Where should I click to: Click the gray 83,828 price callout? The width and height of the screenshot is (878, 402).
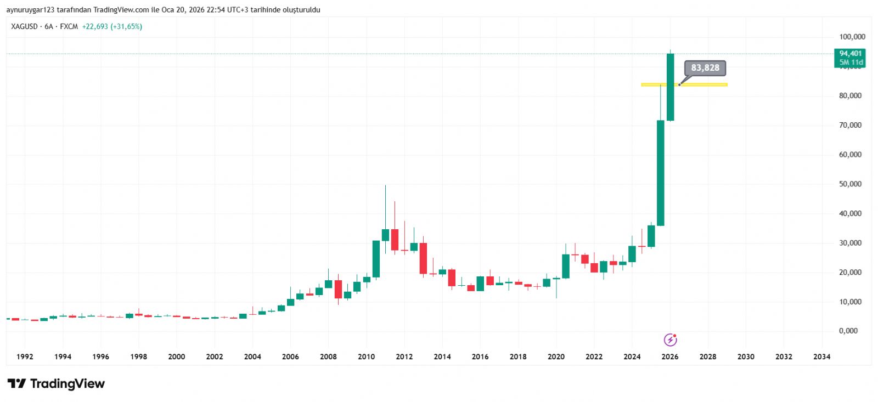point(705,68)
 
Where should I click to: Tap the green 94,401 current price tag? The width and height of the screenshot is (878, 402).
point(850,57)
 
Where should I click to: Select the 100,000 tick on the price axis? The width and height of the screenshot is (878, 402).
point(852,37)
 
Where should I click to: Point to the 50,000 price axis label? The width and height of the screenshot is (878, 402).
point(850,184)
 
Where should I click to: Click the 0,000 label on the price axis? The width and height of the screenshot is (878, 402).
point(848,331)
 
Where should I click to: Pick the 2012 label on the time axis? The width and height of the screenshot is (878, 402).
point(404,356)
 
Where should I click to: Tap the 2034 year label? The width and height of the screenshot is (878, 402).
point(821,356)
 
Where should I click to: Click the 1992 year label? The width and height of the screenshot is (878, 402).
point(25,356)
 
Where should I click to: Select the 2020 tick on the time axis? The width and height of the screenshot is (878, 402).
point(556,356)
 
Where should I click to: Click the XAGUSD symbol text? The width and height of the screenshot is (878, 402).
point(24,26)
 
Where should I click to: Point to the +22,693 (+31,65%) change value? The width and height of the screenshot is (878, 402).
point(112,26)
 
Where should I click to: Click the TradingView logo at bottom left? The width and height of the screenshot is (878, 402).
point(56,383)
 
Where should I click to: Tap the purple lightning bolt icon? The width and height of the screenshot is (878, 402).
point(670,340)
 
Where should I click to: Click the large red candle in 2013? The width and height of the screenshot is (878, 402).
point(423,258)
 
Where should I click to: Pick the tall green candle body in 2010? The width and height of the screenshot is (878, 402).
point(376,259)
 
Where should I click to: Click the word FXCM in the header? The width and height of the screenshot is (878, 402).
point(69,26)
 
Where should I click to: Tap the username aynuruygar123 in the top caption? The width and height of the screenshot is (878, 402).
point(30,10)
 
